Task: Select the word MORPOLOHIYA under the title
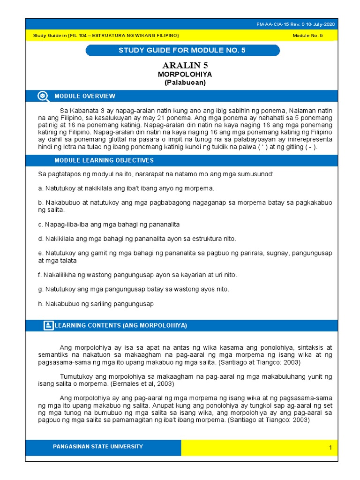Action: point(185,75)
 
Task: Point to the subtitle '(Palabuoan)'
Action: point(185,82)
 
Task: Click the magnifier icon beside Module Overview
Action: point(43,96)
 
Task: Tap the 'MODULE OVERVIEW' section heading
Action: point(85,96)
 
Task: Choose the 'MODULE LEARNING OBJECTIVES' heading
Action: point(104,160)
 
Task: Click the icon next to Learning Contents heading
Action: point(48,325)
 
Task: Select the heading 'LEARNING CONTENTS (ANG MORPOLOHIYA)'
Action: point(121,325)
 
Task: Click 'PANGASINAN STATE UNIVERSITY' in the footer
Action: point(98,446)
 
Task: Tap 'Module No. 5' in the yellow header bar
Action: point(307,36)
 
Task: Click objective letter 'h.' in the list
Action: point(40,304)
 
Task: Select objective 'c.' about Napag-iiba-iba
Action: point(109,225)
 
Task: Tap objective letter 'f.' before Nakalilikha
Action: point(40,275)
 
